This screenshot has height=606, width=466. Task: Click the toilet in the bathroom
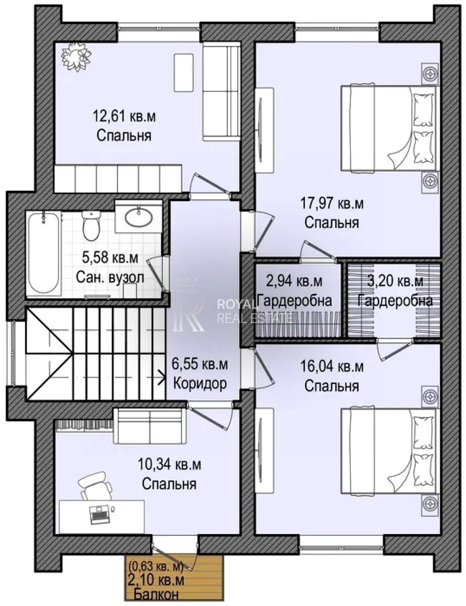tap(91, 226)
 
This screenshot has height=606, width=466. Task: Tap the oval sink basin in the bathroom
tap(138, 217)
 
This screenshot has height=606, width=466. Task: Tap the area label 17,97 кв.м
tap(331, 204)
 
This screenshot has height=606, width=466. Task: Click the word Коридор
tap(200, 384)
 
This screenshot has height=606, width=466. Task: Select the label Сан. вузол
tap(110, 277)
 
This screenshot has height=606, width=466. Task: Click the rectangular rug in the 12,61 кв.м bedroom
tap(184, 73)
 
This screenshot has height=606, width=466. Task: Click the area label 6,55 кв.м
tap(200, 365)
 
